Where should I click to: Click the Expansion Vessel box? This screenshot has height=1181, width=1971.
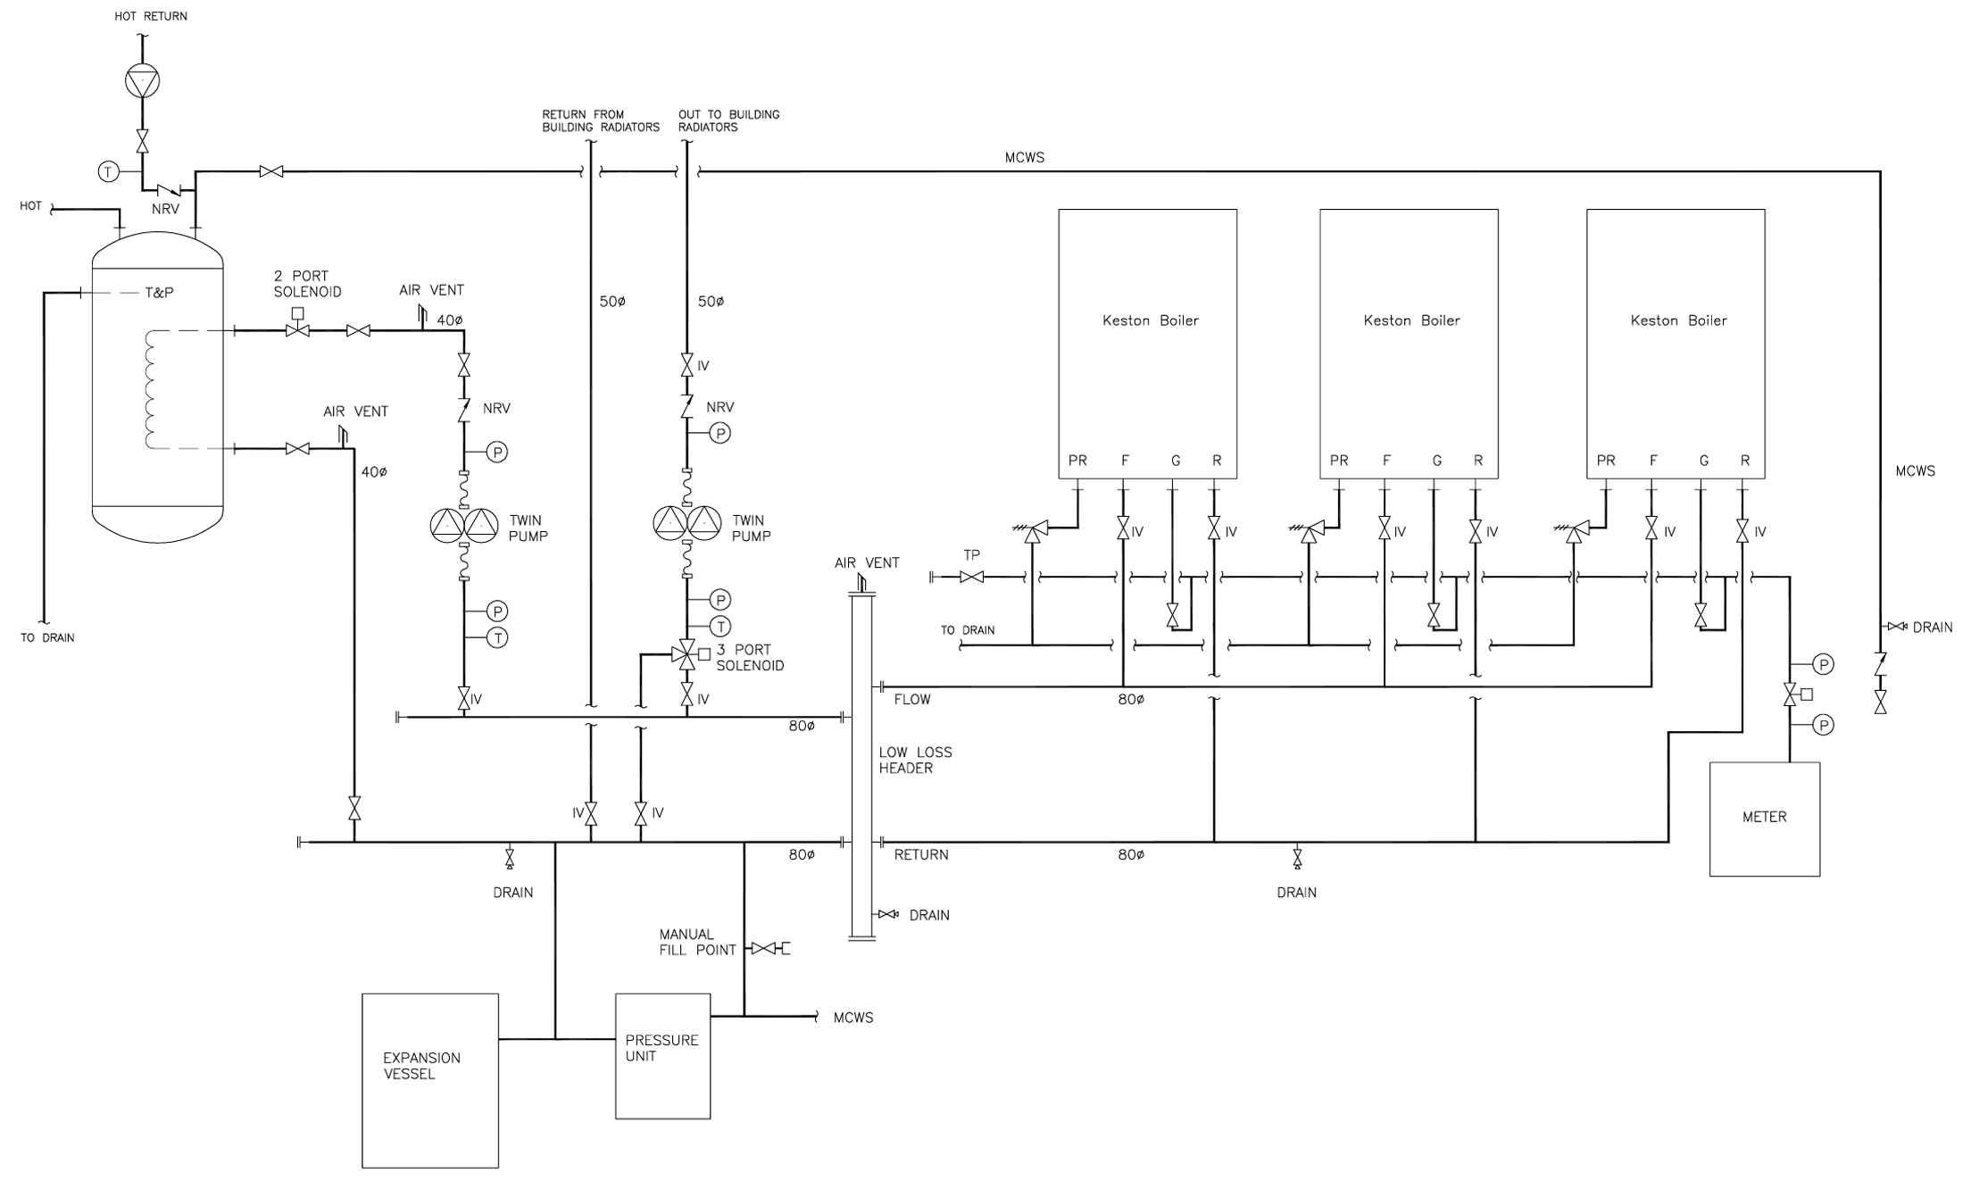(429, 1080)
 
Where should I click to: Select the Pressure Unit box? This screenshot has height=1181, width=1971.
(662, 1055)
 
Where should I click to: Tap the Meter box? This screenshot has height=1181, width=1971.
(1764, 819)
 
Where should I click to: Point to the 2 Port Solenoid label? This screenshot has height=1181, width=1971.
(307, 284)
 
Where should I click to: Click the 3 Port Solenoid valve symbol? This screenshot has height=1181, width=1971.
(686, 654)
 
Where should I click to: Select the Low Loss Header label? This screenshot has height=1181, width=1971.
(915, 760)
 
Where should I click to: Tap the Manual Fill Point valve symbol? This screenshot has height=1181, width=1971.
(763, 948)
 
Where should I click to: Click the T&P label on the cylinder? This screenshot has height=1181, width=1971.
(159, 293)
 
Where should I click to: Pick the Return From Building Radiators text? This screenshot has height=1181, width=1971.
(600, 121)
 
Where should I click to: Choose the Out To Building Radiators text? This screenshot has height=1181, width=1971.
(728, 121)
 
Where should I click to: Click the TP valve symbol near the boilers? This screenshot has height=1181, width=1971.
(971, 578)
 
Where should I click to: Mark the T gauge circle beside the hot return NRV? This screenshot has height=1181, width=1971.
(108, 171)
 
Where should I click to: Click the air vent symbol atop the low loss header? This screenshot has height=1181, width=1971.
(861, 584)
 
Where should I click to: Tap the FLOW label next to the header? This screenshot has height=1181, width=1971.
(911, 699)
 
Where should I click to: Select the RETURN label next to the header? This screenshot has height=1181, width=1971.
(920, 854)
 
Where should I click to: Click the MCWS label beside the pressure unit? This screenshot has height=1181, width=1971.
(852, 1018)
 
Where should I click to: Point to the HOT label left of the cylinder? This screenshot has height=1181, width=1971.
(30, 206)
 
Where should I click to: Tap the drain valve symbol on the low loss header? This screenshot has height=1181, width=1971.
(888, 914)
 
